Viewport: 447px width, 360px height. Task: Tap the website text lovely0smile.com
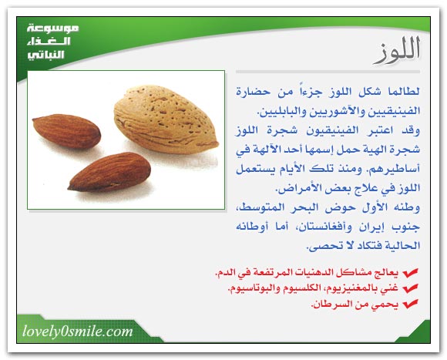(78, 331)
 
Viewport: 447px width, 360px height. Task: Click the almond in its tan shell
(166, 119)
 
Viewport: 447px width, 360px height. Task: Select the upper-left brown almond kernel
(66, 131)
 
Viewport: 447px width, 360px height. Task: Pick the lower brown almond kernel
(109, 172)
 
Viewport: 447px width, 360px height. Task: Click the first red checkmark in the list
(410, 273)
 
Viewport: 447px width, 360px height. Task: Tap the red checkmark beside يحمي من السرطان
(410, 304)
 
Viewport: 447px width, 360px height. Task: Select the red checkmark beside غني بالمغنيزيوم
(410, 288)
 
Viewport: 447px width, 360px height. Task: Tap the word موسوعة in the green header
(52, 29)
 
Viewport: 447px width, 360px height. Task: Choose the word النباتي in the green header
(45, 55)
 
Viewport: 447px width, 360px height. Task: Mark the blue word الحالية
(403, 246)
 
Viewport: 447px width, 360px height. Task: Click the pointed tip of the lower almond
(69, 188)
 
